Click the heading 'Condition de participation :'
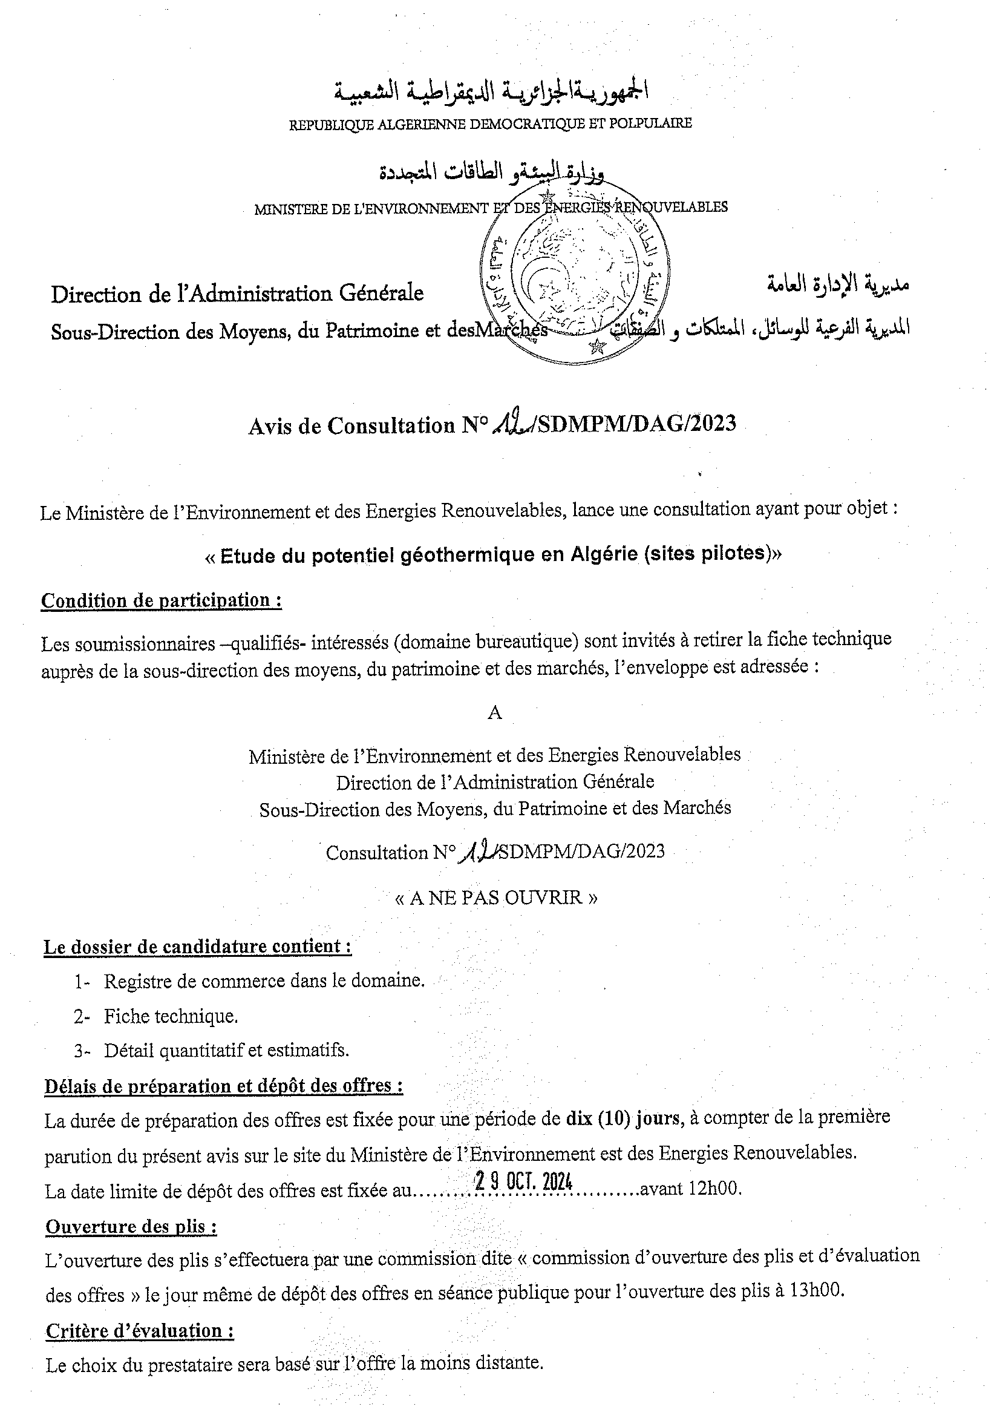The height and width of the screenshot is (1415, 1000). (162, 600)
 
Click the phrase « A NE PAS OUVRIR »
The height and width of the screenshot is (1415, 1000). (495, 897)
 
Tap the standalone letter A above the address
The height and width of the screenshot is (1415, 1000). (494, 713)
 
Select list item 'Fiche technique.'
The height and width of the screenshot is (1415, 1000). (171, 1016)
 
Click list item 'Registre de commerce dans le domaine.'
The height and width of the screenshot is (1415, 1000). (264, 980)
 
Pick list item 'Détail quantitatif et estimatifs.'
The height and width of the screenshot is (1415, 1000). (226, 1050)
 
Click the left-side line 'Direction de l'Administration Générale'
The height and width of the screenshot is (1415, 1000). (237, 294)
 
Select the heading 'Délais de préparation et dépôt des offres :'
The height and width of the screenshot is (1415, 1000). (224, 1085)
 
